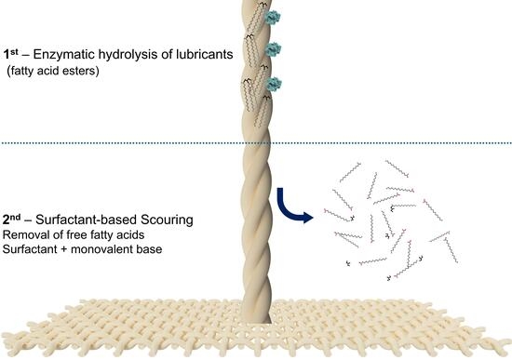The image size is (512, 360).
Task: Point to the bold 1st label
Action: pos(11,53)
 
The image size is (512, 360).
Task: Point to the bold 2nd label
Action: pos(11,220)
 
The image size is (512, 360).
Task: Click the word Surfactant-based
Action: pos(87,220)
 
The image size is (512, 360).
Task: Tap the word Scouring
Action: pos(167,220)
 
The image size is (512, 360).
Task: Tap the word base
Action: pos(149,249)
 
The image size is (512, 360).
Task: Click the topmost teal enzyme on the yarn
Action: pos(273,18)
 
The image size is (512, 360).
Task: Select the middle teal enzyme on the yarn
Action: pos(273,49)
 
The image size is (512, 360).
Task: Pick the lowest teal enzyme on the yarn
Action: pos(274,84)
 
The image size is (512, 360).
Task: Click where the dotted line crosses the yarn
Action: pos(257,143)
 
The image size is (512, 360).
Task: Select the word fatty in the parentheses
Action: pos(23,71)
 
